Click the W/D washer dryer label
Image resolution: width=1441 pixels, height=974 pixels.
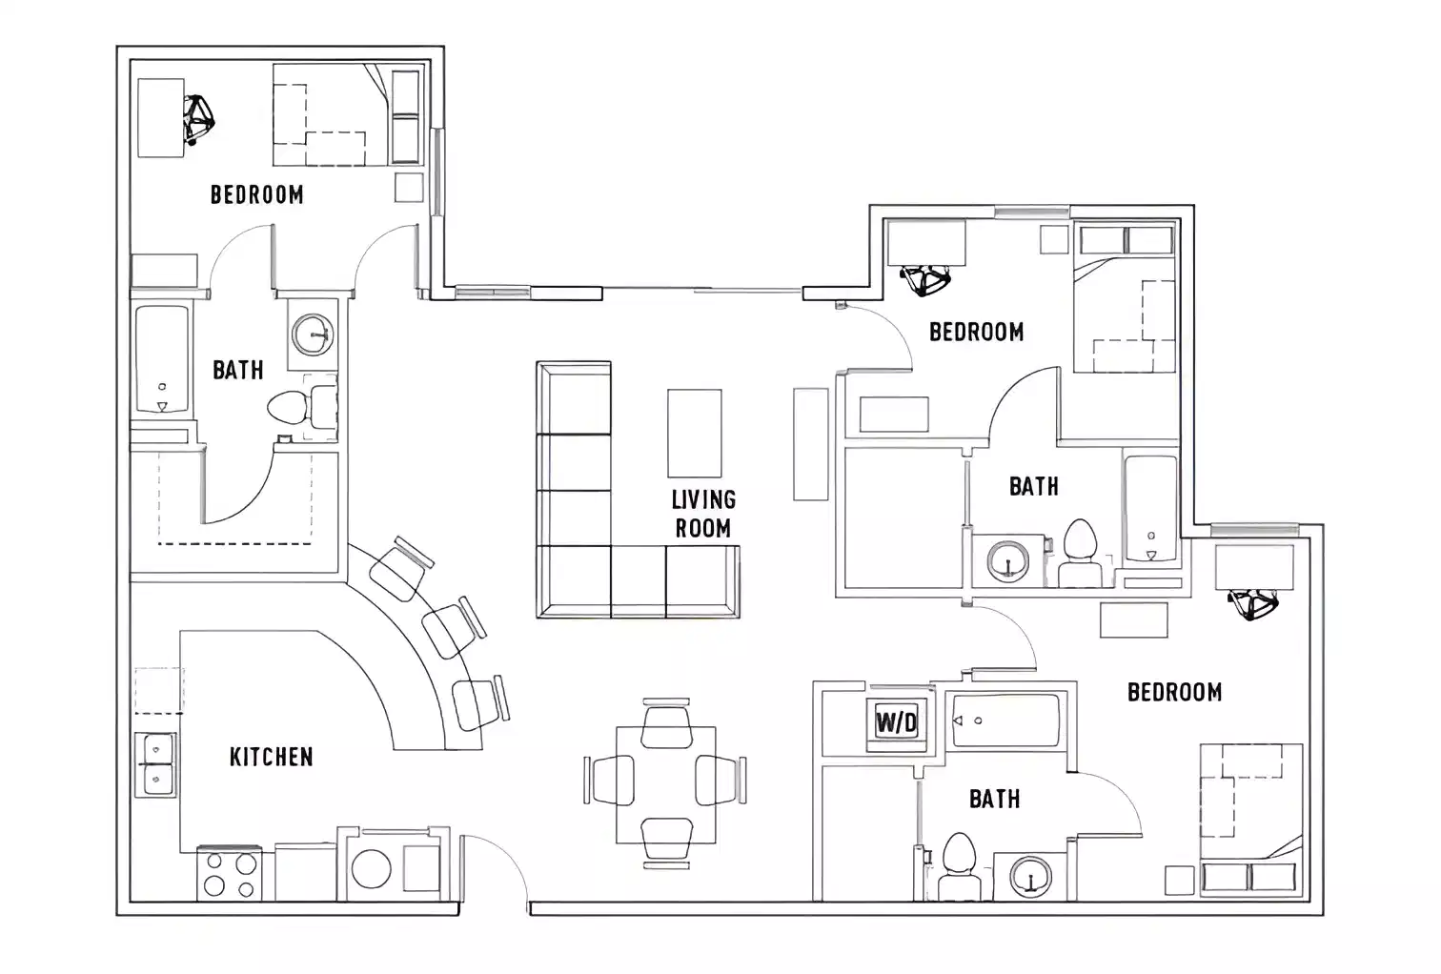[x=896, y=722]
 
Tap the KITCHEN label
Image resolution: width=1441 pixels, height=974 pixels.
[x=271, y=757]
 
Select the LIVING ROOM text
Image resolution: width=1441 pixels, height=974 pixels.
[x=703, y=514]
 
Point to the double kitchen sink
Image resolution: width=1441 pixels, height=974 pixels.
[x=154, y=764]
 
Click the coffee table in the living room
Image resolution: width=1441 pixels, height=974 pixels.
[x=694, y=433]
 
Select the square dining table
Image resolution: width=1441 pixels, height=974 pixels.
[x=665, y=784]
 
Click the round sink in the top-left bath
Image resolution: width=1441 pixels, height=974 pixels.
[x=313, y=335]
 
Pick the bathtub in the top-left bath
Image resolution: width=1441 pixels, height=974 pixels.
[x=161, y=359]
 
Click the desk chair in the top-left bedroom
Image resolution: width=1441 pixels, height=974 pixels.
[x=199, y=118]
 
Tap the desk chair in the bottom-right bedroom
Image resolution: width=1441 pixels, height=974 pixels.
[x=1252, y=603]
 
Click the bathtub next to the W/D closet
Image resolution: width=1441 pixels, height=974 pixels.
[x=1005, y=720]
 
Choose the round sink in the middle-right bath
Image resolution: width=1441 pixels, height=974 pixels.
[x=1008, y=560]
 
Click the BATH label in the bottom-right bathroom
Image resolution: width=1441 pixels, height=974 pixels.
[x=994, y=799]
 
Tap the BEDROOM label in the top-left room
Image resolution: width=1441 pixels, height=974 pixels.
[x=256, y=194]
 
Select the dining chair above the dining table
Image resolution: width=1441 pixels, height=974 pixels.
[x=665, y=723]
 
